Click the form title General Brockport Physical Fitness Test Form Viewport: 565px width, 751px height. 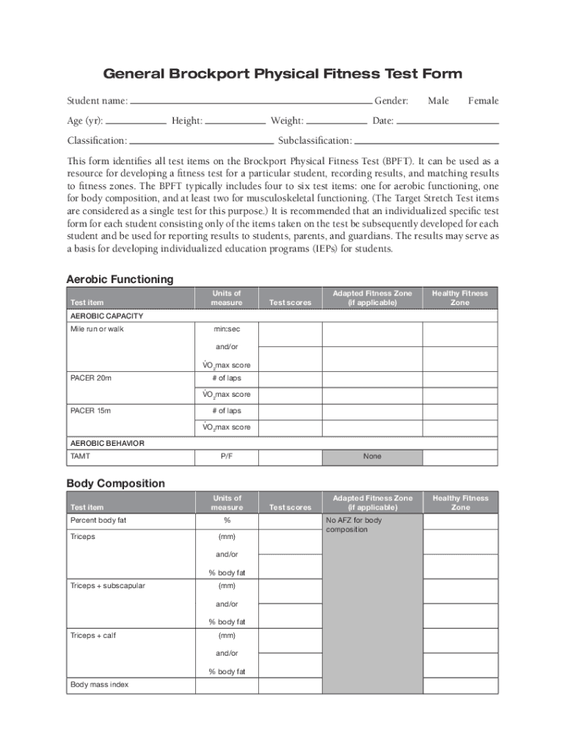click(282, 74)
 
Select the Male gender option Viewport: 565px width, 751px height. click(438, 100)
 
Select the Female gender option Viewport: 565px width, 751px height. click(483, 100)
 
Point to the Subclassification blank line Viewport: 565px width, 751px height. click(426, 142)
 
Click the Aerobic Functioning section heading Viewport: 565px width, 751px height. click(120, 279)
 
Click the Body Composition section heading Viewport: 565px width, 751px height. click(116, 483)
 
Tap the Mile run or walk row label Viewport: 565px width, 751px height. click(97, 329)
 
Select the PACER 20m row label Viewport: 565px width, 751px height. click(91, 378)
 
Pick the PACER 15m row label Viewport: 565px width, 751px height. click(91, 411)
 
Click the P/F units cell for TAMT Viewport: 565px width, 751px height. click(227, 456)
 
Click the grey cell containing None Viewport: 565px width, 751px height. click(372, 456)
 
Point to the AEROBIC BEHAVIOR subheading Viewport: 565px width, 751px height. click(107, 443)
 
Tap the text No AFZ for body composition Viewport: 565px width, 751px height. click(354, 525)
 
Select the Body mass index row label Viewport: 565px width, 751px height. click(99, 684)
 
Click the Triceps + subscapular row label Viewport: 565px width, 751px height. click(107, 586)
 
